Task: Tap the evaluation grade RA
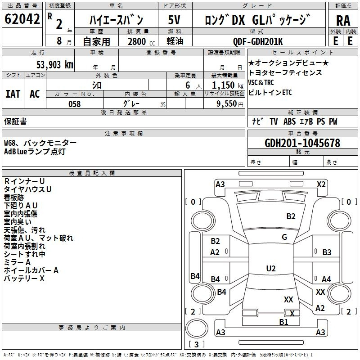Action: [343, 21]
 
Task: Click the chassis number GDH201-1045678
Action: [302, 143]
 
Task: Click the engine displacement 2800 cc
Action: [137, 41]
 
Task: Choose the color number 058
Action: [74, 104]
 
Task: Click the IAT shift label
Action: [13, 94]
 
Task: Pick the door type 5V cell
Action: [175, 20]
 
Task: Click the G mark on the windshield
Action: [284, 237]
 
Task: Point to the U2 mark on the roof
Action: [271, 269]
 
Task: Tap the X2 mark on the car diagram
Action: [321, 184]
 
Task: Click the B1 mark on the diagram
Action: [283, 322]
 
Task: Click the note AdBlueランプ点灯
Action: [35, 152]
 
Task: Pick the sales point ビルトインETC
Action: [270, 93]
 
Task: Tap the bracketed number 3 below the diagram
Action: [196, 345]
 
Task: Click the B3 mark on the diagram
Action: [327, 252]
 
